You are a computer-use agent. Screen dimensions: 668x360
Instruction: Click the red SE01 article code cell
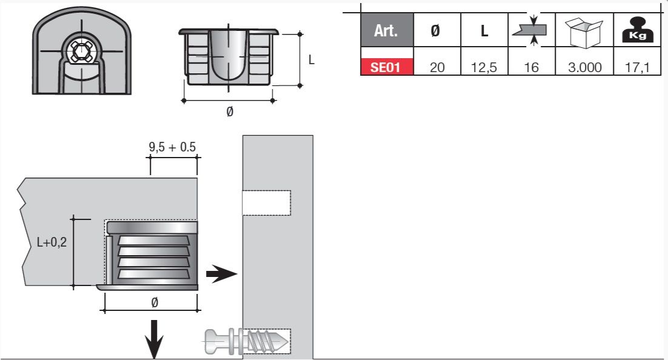pyautogui.click(x=387, y=67)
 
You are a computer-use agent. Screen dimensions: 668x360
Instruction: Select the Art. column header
pyautogui.click(x=387, y=30)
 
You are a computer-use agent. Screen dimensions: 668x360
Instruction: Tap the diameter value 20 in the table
pyautogui.click(x=437, y=67)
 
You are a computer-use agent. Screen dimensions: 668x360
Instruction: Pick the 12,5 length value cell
pyautogui.click(x=484, y=67)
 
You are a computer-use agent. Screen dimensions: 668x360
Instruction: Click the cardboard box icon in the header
pyautogui.click(x=584, y=32)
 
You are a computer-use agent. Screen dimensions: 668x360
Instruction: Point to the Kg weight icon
pyautogui.click(x=637, y=30)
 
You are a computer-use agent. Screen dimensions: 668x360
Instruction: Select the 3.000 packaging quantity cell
pyautogui.click(x=584, y=67)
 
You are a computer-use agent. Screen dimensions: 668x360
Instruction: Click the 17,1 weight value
pyautogui.click(x=637, y=67)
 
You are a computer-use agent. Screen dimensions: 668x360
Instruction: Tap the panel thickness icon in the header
pyautogui.click(x=531, y=30)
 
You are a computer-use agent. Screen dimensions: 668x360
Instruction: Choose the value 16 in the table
pyautogui.click(x=531, y=67)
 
